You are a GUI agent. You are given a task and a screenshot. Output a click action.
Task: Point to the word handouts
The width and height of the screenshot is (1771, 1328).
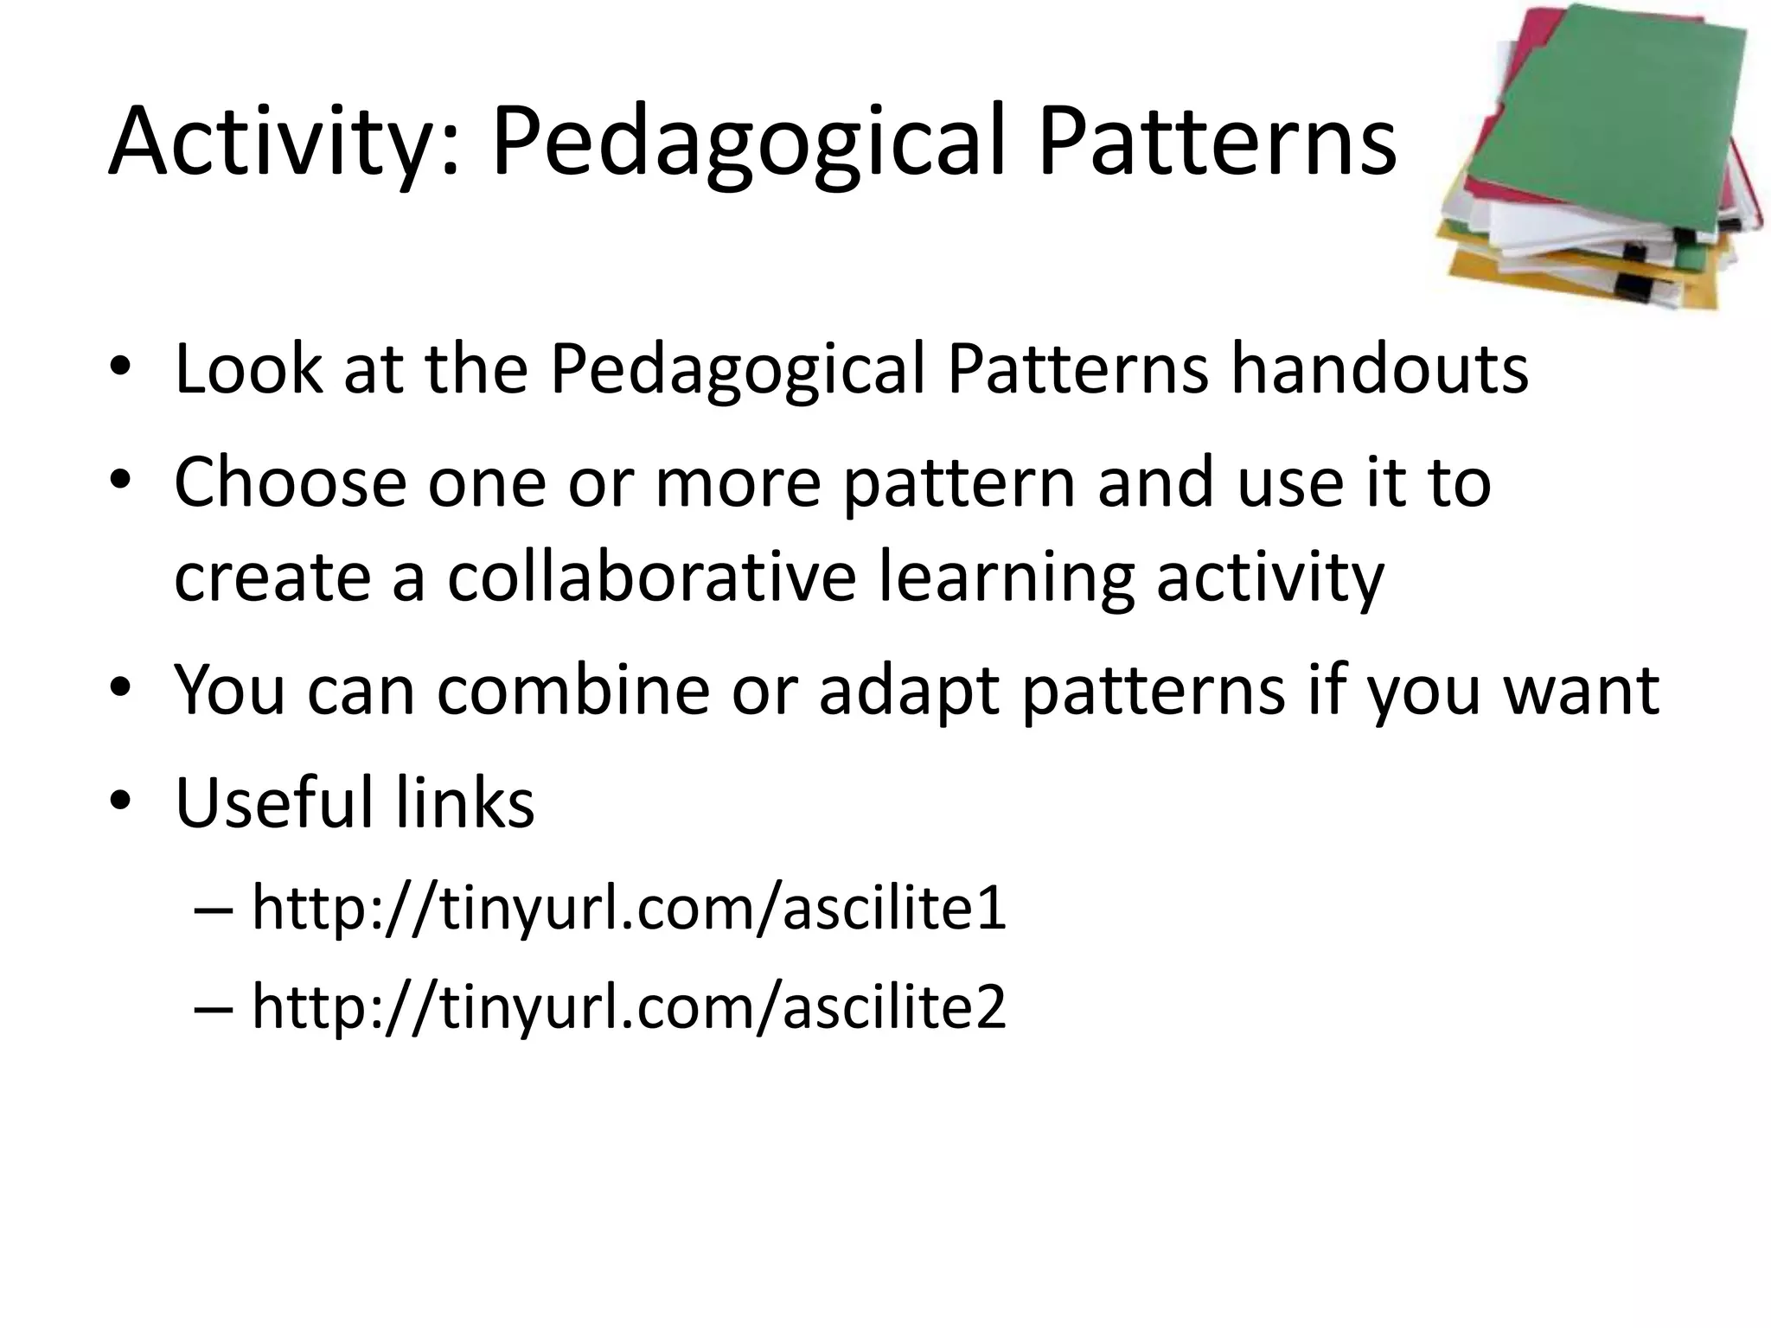click(1379, 369)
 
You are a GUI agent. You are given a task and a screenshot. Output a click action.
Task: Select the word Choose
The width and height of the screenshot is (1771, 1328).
click(290, 482)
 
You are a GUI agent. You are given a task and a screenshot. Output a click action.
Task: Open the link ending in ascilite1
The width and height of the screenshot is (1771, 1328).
click(629, 908)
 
